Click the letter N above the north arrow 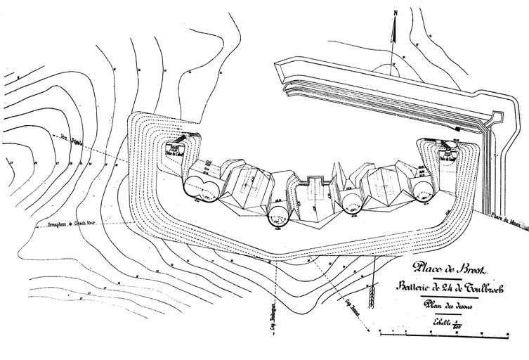point(395,12)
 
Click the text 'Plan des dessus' point(450,304)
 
